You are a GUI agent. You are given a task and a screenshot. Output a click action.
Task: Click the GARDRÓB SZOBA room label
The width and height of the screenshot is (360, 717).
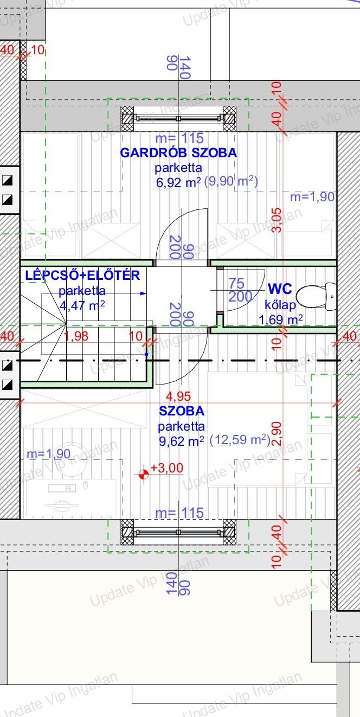178,153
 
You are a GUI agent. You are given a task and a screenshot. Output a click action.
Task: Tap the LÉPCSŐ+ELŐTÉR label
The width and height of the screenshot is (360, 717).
82,276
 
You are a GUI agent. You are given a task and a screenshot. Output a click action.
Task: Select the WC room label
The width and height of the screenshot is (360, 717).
280,289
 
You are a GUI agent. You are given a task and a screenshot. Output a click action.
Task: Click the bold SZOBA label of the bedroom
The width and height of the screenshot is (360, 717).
182,411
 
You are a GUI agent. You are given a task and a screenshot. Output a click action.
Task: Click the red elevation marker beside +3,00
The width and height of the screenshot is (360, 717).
144,474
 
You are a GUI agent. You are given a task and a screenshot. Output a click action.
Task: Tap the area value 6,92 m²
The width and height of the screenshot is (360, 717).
178,183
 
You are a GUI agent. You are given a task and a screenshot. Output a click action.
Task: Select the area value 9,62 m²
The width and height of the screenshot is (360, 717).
182,441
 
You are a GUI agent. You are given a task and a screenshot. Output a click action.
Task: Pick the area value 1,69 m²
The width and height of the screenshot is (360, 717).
280,319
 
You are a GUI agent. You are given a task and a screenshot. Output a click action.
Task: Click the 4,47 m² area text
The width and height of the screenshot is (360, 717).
82,305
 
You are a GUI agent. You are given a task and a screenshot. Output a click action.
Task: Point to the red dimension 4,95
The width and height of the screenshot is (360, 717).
178,396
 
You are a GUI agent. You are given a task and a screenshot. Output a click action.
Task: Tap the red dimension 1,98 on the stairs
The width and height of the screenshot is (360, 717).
76,336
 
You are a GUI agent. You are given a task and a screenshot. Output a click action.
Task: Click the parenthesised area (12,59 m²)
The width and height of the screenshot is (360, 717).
240,440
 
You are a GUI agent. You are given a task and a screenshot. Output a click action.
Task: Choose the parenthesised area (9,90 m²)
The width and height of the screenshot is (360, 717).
231,182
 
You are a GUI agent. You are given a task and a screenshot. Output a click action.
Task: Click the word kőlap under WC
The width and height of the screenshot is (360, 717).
280,305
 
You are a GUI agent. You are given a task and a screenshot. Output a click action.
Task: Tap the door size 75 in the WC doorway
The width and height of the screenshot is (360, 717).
236,283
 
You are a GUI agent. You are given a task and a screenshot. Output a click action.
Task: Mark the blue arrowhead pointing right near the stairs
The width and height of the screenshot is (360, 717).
144,293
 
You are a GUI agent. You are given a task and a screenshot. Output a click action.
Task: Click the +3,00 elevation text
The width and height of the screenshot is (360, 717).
167,468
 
